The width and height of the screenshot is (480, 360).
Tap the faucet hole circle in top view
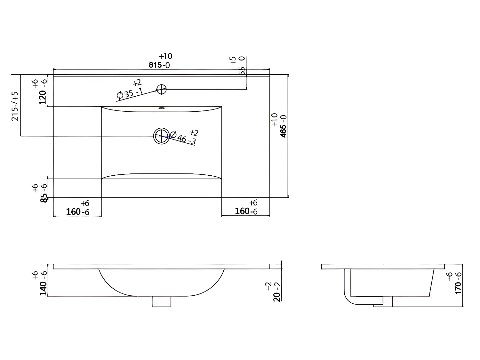coord(162,89)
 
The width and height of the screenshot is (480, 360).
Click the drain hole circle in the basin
coord(162,136)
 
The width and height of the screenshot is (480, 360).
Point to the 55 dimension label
coord(242,70)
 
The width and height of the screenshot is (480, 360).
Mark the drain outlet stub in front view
coord(161,301)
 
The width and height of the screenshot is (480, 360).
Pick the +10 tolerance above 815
coord(165,56)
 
